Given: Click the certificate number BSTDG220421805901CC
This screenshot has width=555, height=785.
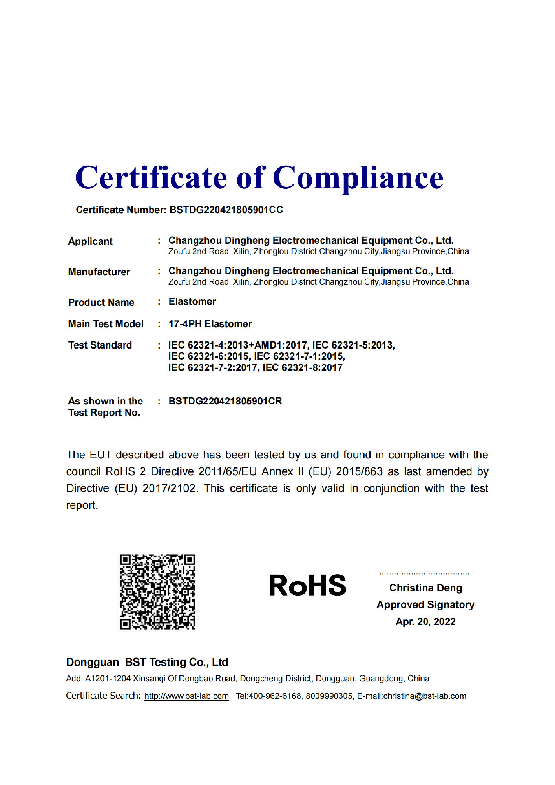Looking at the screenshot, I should (x=226, y=210).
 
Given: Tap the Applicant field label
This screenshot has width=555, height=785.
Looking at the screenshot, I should (x=90, y=241).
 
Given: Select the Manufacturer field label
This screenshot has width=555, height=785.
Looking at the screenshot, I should (x=99, y=272).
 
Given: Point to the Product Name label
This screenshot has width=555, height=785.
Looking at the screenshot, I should (x=101, y=302).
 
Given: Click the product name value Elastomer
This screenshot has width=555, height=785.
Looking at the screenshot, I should (x=192, y=301).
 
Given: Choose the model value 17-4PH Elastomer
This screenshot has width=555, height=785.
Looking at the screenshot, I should (x=210, y=324).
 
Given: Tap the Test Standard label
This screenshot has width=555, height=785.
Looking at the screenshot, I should (x=100, y=345).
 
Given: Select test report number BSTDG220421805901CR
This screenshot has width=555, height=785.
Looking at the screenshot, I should (x=225, y=401).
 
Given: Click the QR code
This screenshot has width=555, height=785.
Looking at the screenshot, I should (x=157, y=591).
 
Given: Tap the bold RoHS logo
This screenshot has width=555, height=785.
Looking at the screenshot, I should (x=307, y=586).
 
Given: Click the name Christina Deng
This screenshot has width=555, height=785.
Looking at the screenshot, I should (x=425, y=588).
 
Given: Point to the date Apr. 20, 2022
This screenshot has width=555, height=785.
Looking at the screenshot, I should (x=425, y=622).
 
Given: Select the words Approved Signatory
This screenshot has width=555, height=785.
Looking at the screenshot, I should (x=425, y=605).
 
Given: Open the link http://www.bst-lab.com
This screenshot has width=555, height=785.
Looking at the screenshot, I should (x=186, y=696).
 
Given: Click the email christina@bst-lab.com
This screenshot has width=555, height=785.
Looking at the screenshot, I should (x=425, y=696).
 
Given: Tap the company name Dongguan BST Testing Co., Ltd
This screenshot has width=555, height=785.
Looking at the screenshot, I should (x=147, y=662).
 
